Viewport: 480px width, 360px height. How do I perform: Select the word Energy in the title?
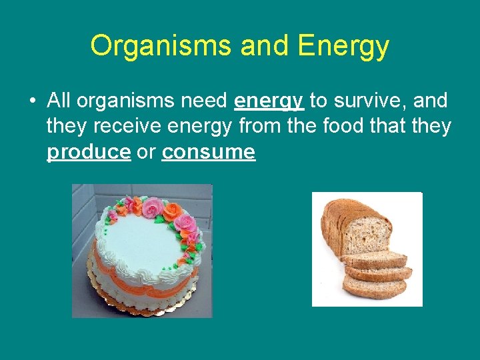coord(344,45)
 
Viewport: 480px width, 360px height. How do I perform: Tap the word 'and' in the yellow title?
coord(265,45)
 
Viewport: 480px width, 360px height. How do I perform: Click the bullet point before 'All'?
coord(31,101)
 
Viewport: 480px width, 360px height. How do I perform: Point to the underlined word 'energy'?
coord(269,101)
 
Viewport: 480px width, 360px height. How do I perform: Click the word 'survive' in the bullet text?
coord(371,101)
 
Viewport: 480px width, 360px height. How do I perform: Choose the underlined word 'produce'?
coord(89,152)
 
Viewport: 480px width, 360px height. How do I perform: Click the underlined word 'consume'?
coord(209,152)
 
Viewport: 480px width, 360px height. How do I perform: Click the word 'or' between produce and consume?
coord(146,152)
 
